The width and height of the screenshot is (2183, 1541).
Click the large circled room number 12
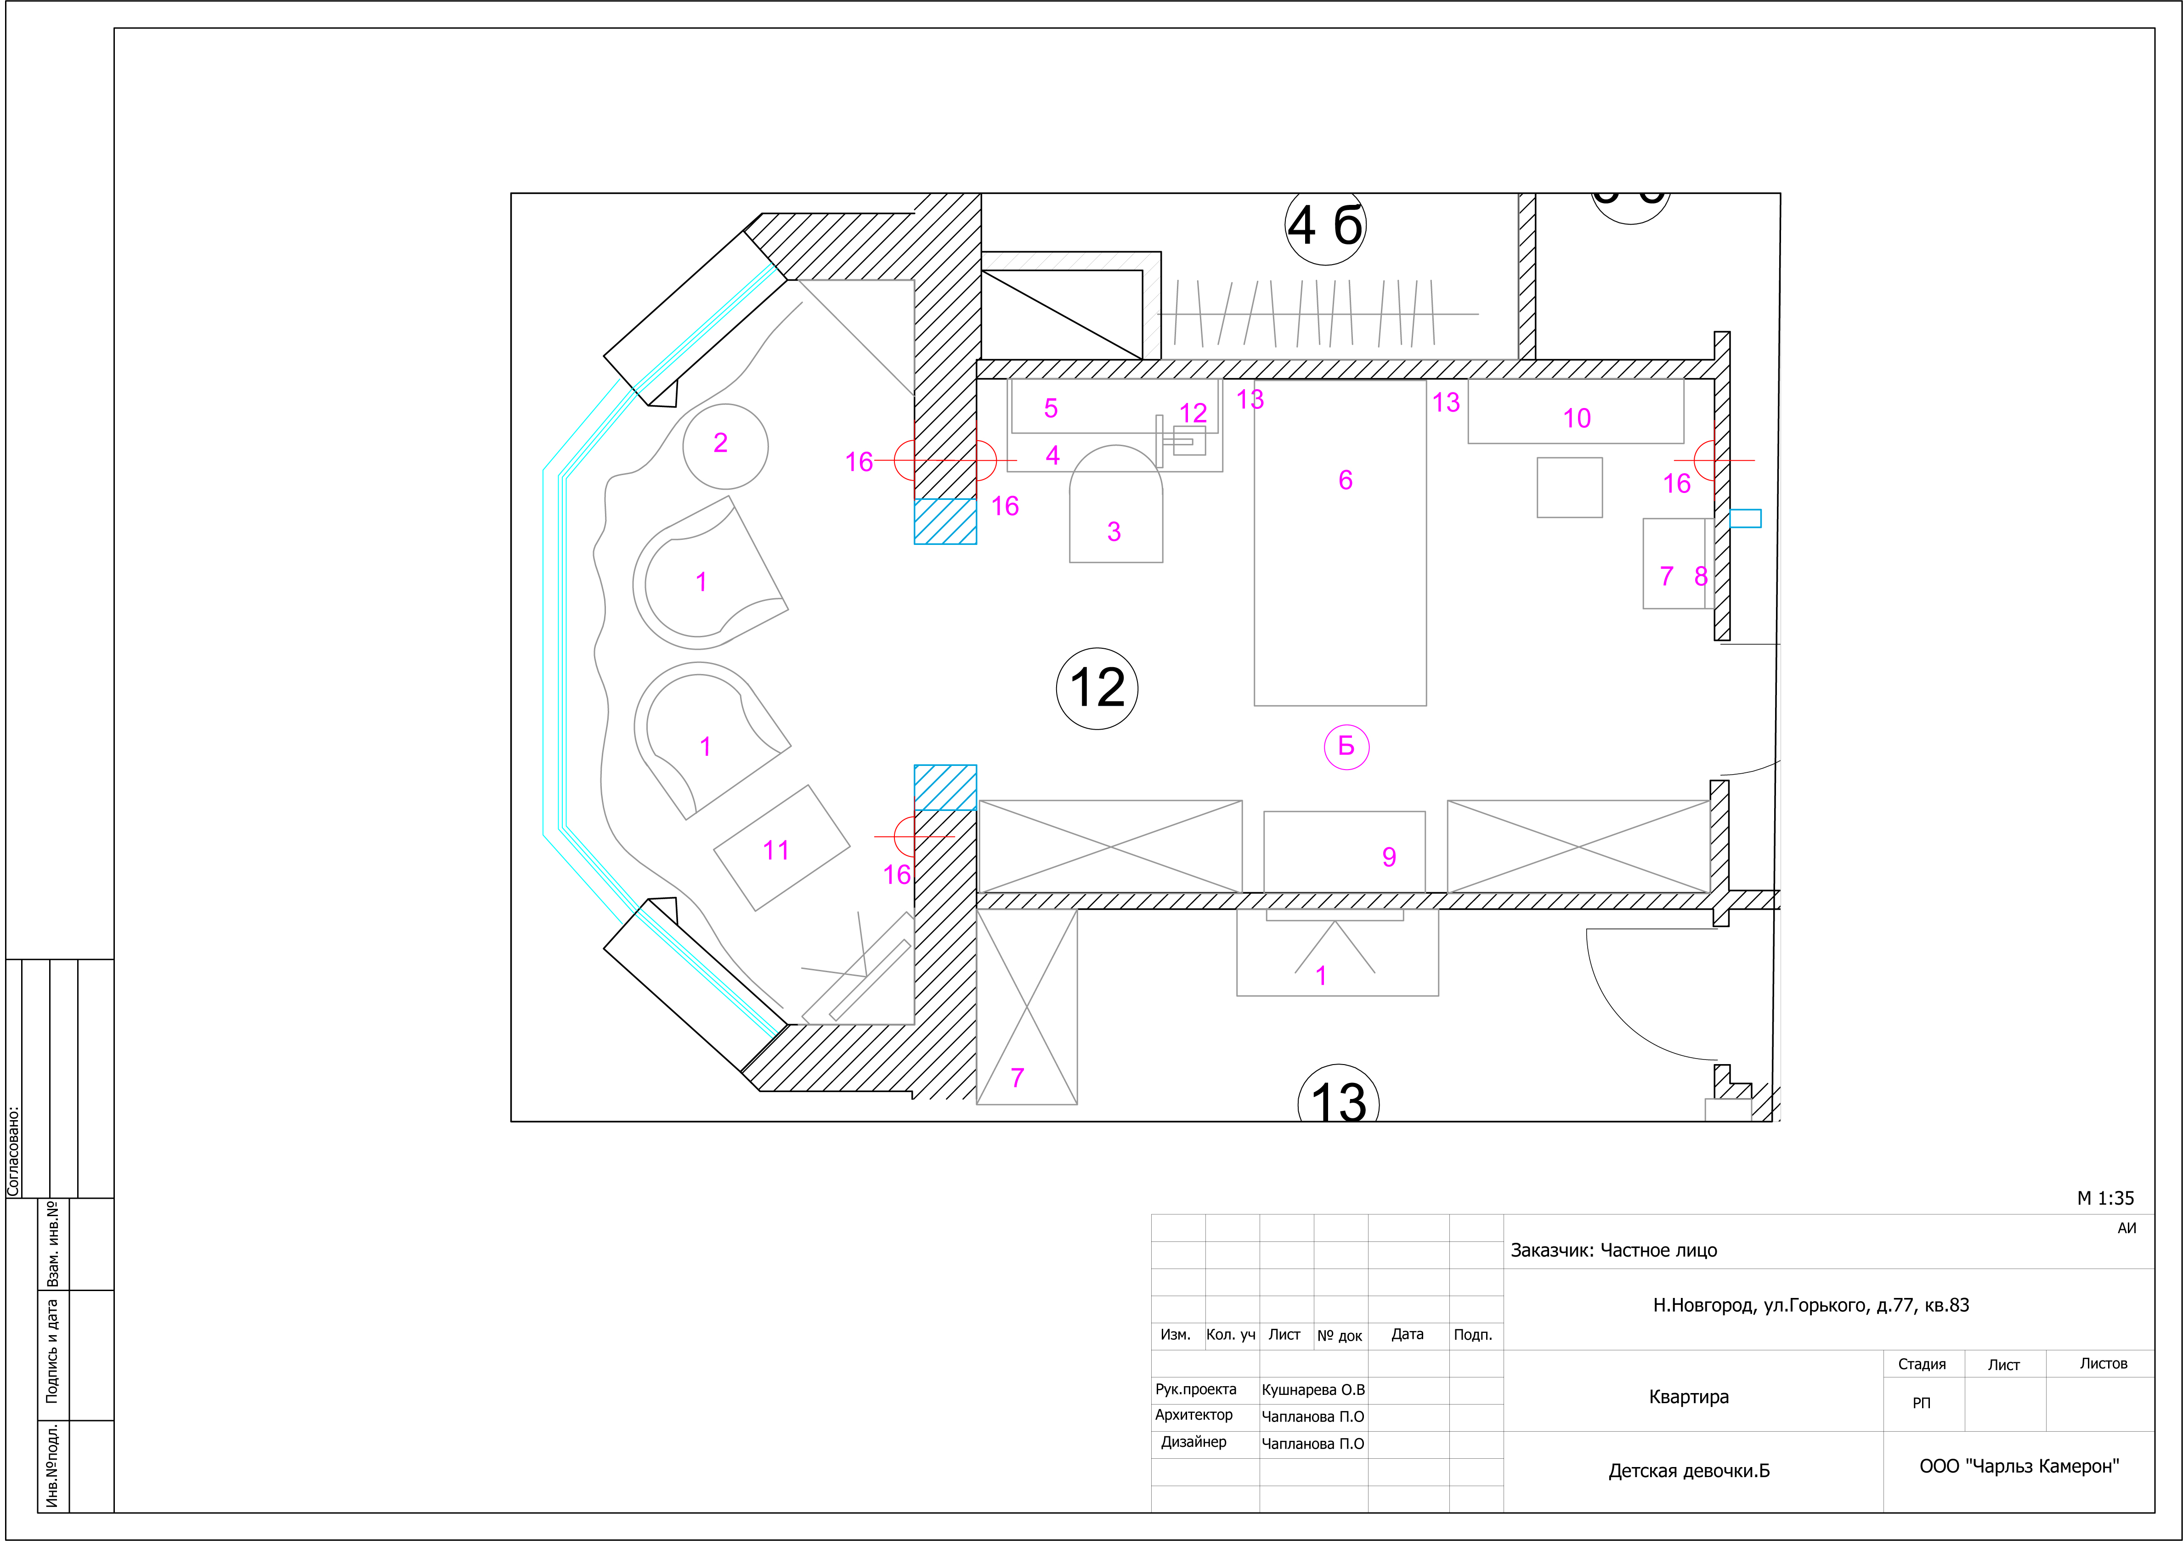pos(1097,688)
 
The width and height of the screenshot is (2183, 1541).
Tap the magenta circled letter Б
pos(1346,746)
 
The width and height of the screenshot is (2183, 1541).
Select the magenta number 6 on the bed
pos(1346,480)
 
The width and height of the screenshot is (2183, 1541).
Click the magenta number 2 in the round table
pos(721,443)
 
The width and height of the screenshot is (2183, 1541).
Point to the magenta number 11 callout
pos(776,850)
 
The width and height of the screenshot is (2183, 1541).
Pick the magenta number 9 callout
pos(1389,857)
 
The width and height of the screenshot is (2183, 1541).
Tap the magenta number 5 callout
pos(1051,409)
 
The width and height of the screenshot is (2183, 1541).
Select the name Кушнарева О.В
pos(1313,1390)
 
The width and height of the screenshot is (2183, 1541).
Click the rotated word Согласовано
pos(13,1150)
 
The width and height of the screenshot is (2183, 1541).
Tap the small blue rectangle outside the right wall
pos(1745,518)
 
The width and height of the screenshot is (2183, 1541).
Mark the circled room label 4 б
pos(1325,226)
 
